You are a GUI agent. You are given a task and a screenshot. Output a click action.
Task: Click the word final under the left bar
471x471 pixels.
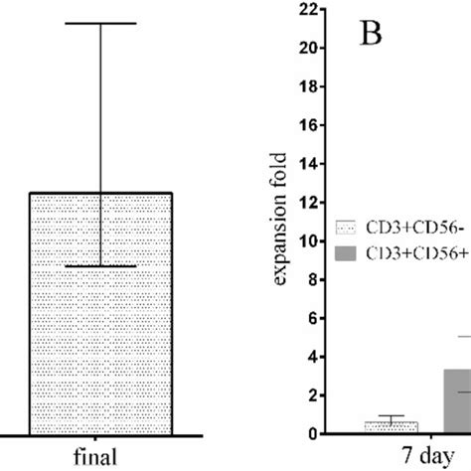tap(100, 457)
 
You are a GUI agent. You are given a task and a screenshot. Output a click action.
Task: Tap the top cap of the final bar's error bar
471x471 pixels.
tap(101, 23)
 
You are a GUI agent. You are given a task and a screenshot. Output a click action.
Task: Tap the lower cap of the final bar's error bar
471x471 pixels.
tap(101, 266)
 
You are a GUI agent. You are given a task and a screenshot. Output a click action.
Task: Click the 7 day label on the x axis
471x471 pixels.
tap(418, 456)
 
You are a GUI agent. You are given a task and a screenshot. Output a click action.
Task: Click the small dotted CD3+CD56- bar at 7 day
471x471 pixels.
tap(391, 427)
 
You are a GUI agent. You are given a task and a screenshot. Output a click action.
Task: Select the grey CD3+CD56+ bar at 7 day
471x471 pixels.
tap(457, 401)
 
